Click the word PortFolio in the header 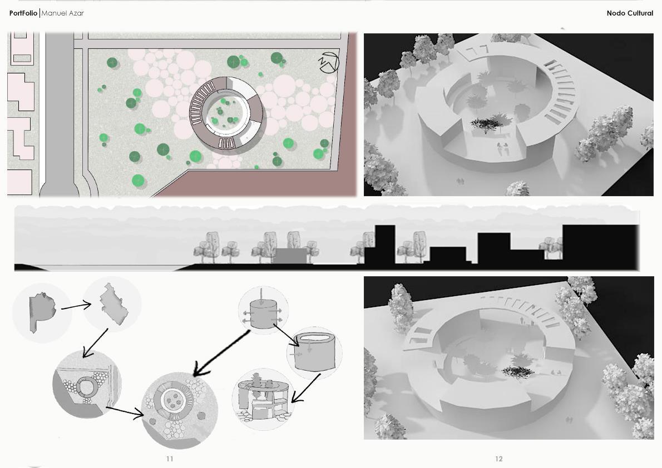click(x=23, y=13)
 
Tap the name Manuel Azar click(x=62, y=13)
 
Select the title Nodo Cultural click(x=630, y=13)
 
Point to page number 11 click(x=170, y=459)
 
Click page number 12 click(x=498, y=459)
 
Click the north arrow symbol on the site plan click(x=328, y=62)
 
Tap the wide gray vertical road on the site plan click(x=60, y=114)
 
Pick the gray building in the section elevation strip click(x=292, y=256)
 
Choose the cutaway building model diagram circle click(x=263, y=399)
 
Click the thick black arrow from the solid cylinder click(x=221, y=353)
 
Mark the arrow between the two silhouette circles click(x=76, y=306)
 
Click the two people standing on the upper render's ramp click(x=502, y=148)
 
